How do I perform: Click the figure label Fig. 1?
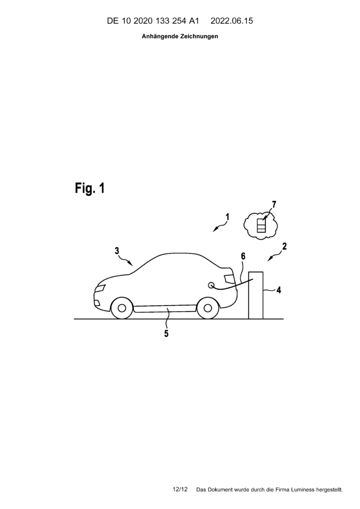click(90, 188)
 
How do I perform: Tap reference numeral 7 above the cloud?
click(274, 204)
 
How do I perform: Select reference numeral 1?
click(228, 217)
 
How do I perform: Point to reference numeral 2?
click(284, 247)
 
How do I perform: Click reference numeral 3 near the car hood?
click(117, 251)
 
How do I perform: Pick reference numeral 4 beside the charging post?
click(243, 256)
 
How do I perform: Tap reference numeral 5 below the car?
click(166, 334)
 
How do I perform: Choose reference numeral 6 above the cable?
click(243, 256)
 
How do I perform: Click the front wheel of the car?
click(122, 308)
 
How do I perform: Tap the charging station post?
click(256, 295)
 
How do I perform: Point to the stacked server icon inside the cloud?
click(261, 226)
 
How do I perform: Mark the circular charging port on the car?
click(211, 285)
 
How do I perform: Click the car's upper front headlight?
click(100, 288)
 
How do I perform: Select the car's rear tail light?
click(229, 278)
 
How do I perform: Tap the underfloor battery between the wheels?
click(165, 309)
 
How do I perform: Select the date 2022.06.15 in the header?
click(232, 21)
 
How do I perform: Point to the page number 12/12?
click(180, 489)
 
